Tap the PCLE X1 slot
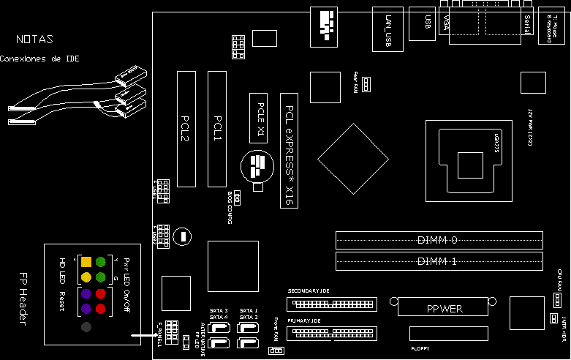[260, 116]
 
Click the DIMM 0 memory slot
[439, 240]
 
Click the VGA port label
[446, 22]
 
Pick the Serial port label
[526, 25]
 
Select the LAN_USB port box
[387, 29]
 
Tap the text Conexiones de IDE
[39, 59]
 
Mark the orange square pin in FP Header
[86, 261]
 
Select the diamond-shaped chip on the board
[352, 159]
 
